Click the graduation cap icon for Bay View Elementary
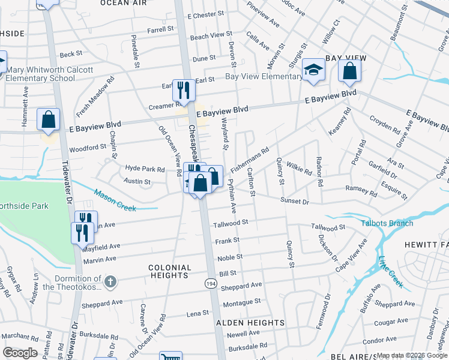tap(313, 70)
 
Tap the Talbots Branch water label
tap(387, 223)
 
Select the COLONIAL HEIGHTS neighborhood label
tap(170, 271)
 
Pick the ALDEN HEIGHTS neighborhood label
tap(250, 323)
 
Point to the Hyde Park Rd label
tap(145, 169)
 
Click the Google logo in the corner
tap(20, 353)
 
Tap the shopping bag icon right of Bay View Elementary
tap(349, 71)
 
